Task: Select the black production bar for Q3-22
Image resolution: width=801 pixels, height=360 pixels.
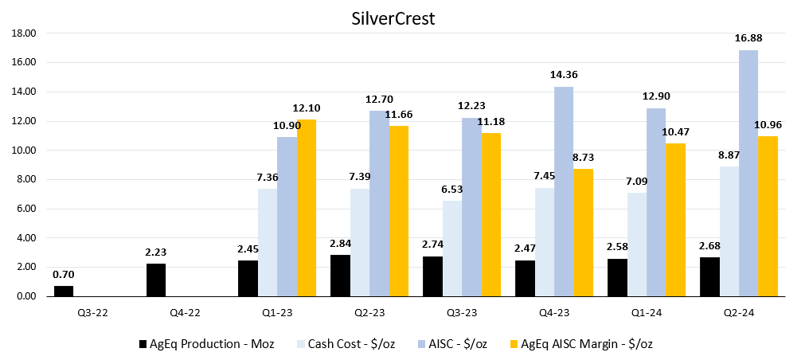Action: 64,291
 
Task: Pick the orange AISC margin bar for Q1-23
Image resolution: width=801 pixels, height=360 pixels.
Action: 307,208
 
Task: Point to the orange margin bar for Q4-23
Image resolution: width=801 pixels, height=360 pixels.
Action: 584,232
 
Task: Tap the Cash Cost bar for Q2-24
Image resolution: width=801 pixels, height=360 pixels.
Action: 729,231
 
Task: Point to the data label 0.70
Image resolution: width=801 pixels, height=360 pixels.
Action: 64,275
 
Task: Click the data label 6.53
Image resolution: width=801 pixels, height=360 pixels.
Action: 452,190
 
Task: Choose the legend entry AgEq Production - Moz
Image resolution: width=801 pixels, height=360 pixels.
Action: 206,343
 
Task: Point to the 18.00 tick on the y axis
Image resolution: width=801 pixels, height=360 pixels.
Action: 25,33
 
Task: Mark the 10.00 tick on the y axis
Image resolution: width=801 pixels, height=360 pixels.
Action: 25,151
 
